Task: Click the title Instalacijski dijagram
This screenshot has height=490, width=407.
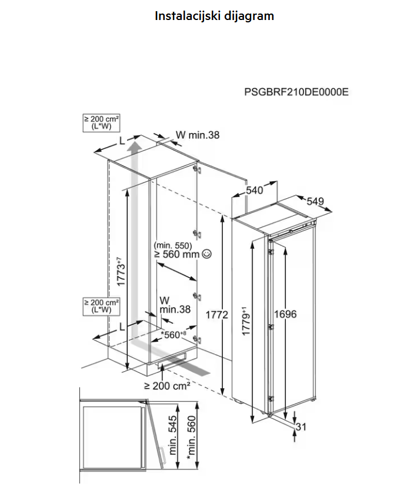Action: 214,16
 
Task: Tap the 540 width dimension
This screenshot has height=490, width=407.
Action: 254,190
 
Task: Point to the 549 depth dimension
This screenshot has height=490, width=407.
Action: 315,202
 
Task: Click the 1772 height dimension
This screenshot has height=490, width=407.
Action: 216,315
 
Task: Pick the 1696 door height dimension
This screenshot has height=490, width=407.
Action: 285,314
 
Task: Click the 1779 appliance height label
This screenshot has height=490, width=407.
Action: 245,320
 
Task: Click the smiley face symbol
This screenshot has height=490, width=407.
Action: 206,254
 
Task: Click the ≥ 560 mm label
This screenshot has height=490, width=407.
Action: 176,254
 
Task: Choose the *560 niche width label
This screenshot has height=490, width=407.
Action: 174,335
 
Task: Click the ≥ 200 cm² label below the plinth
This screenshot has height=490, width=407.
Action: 167,386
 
